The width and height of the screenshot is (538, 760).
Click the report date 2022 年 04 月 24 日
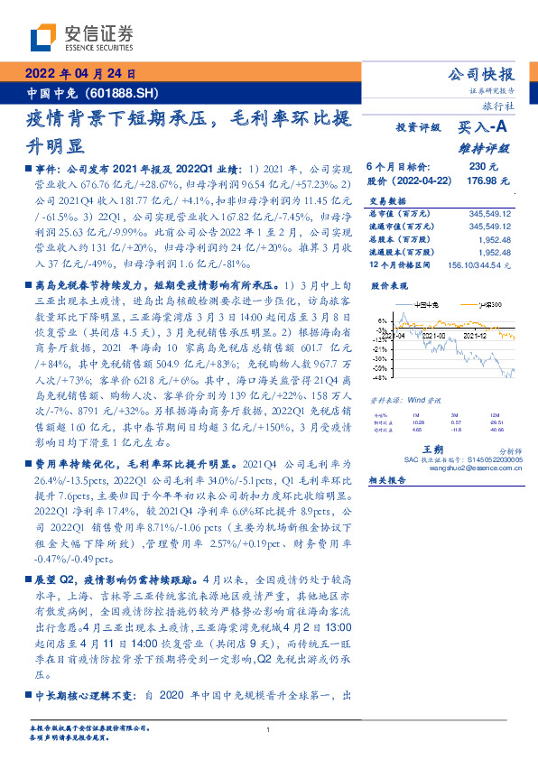[79, 75]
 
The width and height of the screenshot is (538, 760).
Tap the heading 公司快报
[481, 75]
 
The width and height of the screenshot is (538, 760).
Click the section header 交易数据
[387, 201]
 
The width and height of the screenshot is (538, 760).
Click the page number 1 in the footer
[269, 729]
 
